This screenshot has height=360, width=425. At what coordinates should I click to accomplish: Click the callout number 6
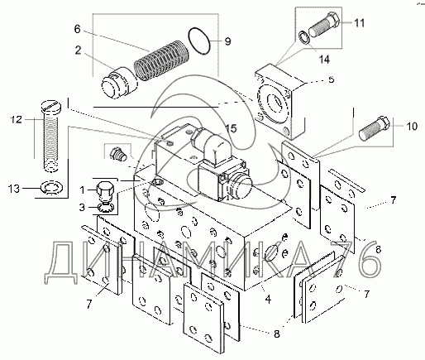pyautogui.click(x=77, y=29)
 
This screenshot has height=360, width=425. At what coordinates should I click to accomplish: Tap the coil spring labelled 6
pyautogui.click(x=161, y=60)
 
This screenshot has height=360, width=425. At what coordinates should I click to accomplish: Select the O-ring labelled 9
pyautogui.click(x=200, y=41)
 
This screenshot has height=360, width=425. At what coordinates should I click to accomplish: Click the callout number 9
pyautogui.click(x=227, y=41)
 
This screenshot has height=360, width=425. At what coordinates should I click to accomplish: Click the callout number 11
pyautogui.click(x=359, y=23)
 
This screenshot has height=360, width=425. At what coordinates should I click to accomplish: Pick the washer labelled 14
pyautogui.click(x=303, y=37)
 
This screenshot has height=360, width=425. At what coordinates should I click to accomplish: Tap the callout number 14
pyautogui.click(x=324, y=59)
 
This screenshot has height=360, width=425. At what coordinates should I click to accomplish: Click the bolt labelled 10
pyautogui.click(x=375, y=128)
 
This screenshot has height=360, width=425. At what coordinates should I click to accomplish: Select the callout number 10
pyautogui.click(x=412, y=127)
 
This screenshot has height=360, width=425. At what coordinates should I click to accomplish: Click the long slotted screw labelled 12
pyautogui.click(x=51, y=136)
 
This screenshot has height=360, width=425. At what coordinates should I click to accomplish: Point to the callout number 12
pyautogui.click(x=17, y=119)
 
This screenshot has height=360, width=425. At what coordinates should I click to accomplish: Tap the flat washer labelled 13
pyautogui.click(x=52, y=187)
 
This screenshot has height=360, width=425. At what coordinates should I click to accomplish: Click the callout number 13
pyautogui.click(x=14, y=189)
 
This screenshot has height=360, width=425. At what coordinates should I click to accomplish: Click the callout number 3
pyautogui.click(x=82, y=207)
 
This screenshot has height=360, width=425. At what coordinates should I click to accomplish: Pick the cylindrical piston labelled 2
pyautogui.click(x=119, y=85)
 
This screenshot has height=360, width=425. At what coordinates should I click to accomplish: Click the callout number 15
pyautogui.click(x=231, y=128)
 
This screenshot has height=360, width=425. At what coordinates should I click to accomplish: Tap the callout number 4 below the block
pyautogui.click(x=268, y=299)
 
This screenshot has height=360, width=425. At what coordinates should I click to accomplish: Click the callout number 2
pyautogui.click(x=78, y=50)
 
